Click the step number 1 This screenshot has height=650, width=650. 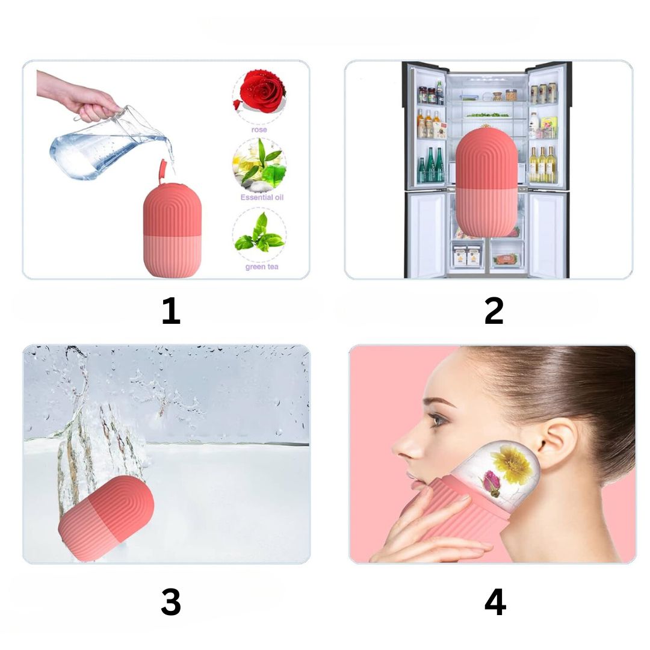point(171,311)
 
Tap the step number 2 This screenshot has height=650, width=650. point(494,311)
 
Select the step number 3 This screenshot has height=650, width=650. point(171,602)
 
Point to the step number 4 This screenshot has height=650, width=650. point(495,602)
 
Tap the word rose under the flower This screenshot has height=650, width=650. point(259,130)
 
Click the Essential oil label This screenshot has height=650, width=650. point(262,197)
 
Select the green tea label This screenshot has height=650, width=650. point(262,267)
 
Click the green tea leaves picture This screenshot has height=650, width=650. point(259,234)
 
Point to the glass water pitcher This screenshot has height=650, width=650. point(110,145)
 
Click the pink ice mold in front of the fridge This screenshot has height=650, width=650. point(486,182)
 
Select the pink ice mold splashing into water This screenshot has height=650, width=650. point(106,518)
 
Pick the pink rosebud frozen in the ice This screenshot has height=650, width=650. point(491,483)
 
